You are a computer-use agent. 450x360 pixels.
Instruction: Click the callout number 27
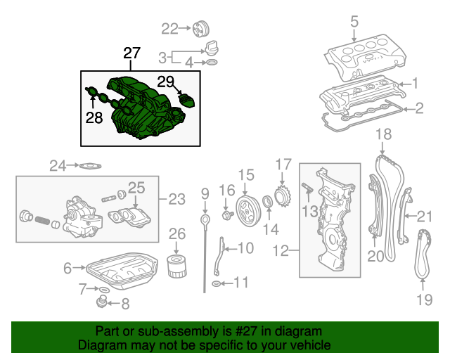131,53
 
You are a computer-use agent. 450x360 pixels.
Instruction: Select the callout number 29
165,83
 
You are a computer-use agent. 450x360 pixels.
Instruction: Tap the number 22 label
171,29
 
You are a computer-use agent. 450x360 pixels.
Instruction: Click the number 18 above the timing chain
383,134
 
